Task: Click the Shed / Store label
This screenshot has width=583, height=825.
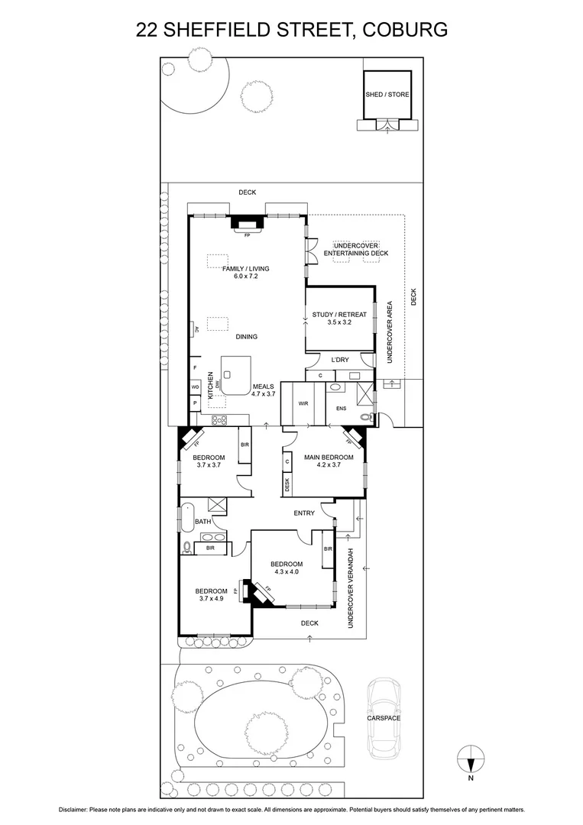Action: (387, 95)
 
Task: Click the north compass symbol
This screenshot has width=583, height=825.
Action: (471, 762)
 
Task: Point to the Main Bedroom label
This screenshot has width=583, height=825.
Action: (329, 458)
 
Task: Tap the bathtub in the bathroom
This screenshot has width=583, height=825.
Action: (186, 518)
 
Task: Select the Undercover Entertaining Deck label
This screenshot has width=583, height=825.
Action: (355, 249)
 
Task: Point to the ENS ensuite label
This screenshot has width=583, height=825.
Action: (341, 409)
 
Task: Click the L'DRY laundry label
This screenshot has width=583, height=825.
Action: (339, 360)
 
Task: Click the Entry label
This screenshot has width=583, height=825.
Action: (304, 513)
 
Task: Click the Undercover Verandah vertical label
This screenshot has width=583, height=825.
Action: (353, 588)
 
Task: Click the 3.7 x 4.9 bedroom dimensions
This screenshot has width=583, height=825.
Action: (211, 599)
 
